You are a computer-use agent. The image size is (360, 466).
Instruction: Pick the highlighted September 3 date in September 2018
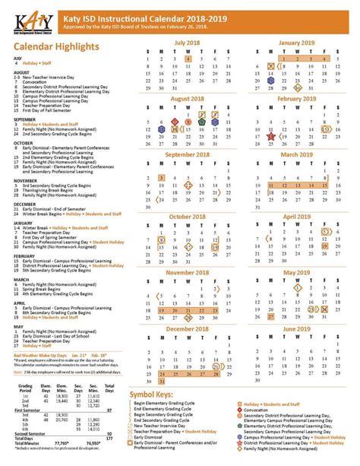tap(163, 177)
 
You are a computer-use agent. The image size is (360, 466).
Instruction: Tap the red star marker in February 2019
tap(270, 130)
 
